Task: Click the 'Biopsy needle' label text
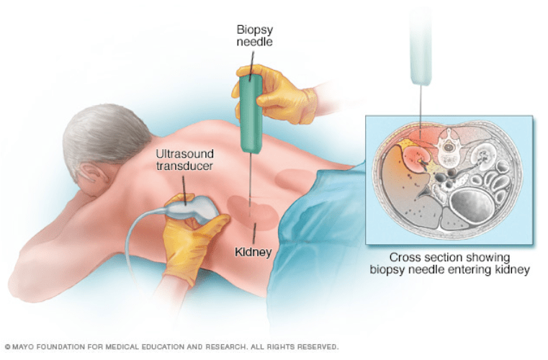254,35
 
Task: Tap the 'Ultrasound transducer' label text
184,159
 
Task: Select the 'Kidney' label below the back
253,252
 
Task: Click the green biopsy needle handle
251,114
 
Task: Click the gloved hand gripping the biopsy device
276,93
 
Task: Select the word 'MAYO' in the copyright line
24,347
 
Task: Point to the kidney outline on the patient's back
252,213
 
